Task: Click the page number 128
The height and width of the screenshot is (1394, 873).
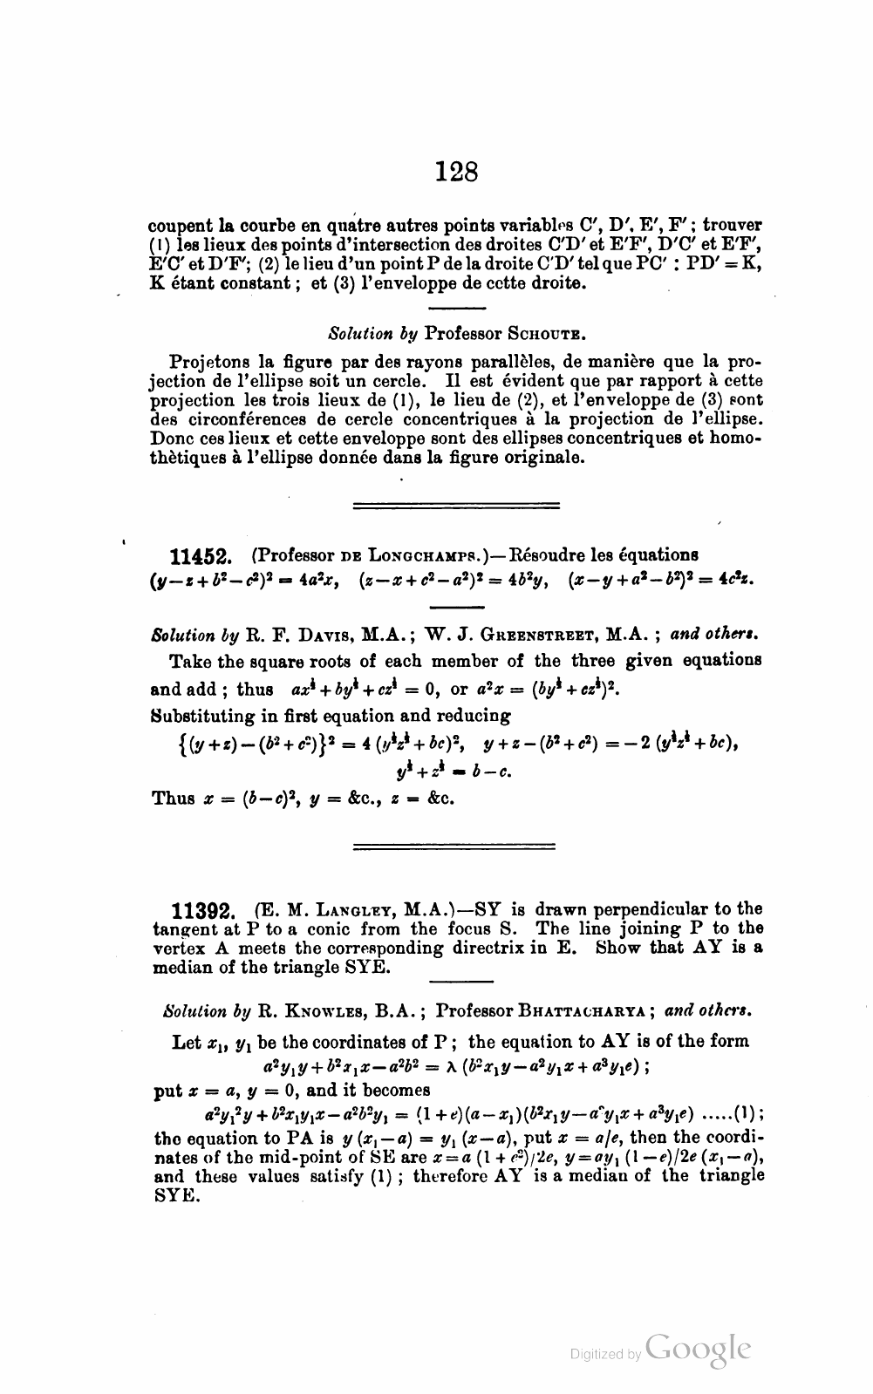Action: pos(457,171)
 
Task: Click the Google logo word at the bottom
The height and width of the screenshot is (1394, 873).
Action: pos(699,1348)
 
